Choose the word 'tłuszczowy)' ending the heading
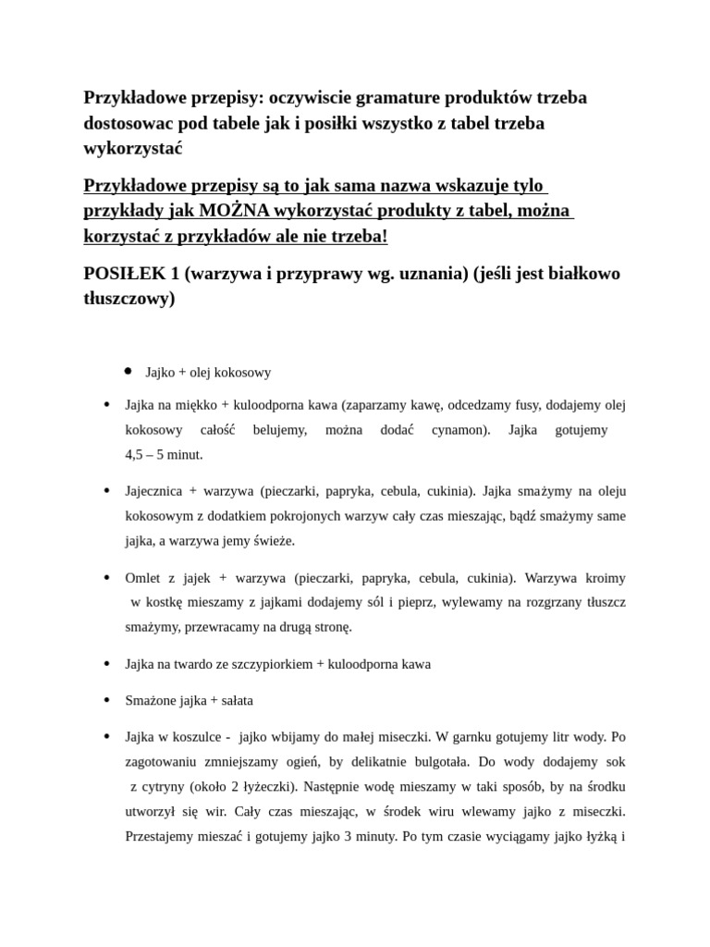coord(129,299)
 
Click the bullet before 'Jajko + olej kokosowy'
coord(128,371)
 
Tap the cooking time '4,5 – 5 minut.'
coord(164,454)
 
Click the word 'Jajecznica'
coord(153,491)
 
